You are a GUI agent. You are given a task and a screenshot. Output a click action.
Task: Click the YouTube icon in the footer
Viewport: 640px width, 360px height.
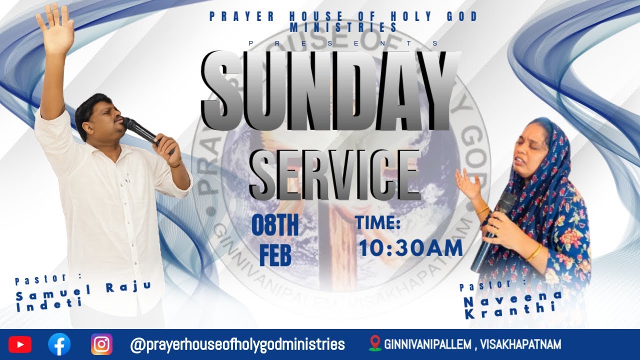(19, 344)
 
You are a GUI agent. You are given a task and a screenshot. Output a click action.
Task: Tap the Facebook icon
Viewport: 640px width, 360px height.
(59, 344)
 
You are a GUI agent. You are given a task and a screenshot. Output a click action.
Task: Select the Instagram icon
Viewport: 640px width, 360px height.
(101, 344)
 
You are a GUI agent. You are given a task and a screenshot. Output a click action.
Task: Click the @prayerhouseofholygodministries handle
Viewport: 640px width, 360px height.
(237, 344)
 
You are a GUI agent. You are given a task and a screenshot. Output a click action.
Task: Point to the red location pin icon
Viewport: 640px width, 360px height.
(374, 343)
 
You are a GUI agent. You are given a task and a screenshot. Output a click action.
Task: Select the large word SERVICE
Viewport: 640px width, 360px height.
(334, 172)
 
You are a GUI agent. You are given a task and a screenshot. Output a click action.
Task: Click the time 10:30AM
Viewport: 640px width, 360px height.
(410, 248)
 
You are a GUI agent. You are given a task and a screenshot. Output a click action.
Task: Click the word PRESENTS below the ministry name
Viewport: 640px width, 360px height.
(343, 43)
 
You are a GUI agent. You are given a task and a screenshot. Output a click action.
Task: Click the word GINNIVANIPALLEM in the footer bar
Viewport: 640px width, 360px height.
(428, 344)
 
